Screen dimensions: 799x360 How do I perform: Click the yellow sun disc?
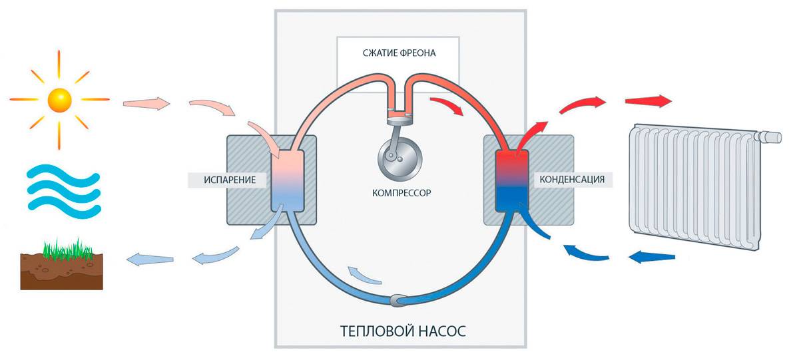point(59,100)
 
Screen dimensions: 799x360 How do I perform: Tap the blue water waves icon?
point(64,192)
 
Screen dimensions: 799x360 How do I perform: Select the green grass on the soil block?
point(68,249)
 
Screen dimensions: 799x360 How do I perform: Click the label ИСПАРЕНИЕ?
point(230,180)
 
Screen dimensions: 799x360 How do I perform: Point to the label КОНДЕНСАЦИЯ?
point(572,179)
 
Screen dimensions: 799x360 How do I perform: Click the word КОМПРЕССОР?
point(401,193)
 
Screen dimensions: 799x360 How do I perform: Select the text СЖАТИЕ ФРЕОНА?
point(399,53)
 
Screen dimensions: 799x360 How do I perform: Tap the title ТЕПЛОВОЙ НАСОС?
point(403,331)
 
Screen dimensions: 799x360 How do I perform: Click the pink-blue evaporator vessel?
point(288,181)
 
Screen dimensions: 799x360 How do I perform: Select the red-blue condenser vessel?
point(512,181)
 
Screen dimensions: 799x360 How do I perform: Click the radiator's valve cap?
point(771,137)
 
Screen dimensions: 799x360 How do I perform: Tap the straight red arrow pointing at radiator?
point(649,101)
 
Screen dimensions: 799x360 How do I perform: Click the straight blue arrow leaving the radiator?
point(651,257)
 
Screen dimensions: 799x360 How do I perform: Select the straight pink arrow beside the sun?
point(146,103)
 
